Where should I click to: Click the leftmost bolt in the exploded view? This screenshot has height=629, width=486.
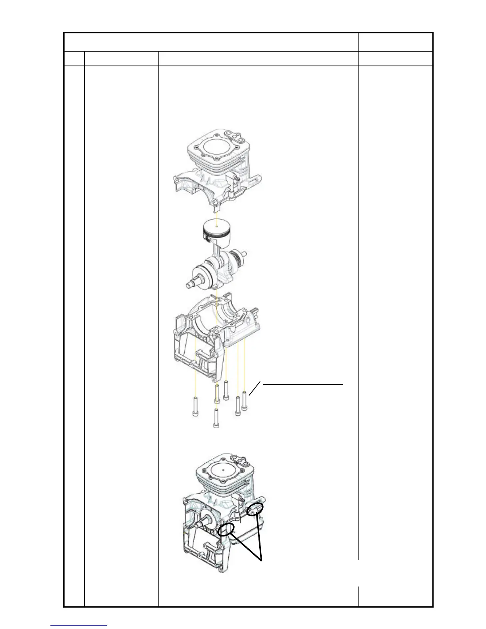pyautogui.click(x=195, y=406)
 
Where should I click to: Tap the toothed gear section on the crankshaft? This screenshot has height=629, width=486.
pyautogui.click(x=237, y=260)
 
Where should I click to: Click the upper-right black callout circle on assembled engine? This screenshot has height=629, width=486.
pyautogui.click(x=255, y=509)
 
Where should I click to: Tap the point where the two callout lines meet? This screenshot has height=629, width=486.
pyautogui.click(x=262, y=560)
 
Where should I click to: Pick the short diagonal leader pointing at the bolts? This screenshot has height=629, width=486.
pyautogui.click(x=256, y=388)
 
